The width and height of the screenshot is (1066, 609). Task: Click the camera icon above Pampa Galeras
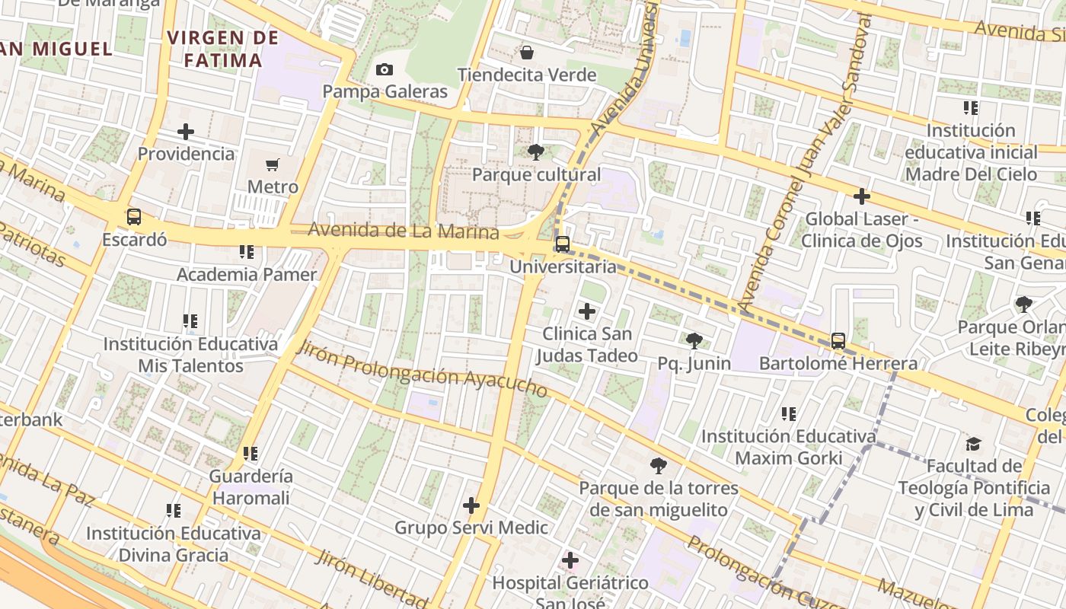(385, 70)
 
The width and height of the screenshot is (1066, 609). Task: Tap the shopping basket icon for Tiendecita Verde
(526, 53)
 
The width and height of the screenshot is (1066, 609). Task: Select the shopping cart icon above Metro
(273, 164)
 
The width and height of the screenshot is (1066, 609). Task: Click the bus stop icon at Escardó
(134, 217)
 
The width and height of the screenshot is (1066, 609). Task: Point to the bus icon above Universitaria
(563, 244)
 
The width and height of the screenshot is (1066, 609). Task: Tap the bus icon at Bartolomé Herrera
(838, 341)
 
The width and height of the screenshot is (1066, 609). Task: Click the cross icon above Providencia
(186, 132)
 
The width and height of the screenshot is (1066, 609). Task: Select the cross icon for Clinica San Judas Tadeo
(587, 311)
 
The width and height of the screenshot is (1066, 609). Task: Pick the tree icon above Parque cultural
(536, 152)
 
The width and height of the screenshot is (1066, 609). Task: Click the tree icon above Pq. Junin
(694, 340)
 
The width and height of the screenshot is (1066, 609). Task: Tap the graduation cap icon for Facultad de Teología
(973, 444)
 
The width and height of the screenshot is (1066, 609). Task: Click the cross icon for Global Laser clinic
(862, 197)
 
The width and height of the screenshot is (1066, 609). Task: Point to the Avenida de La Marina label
(404, 231)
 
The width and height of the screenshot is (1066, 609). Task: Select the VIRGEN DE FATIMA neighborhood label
(217, 49)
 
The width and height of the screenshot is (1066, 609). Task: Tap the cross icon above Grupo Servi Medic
(471, 505)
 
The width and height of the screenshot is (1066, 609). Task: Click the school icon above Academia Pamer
(247, 251)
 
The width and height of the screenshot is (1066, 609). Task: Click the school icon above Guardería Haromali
(251, 454)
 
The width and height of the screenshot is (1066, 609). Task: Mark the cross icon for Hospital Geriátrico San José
(570, 561)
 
